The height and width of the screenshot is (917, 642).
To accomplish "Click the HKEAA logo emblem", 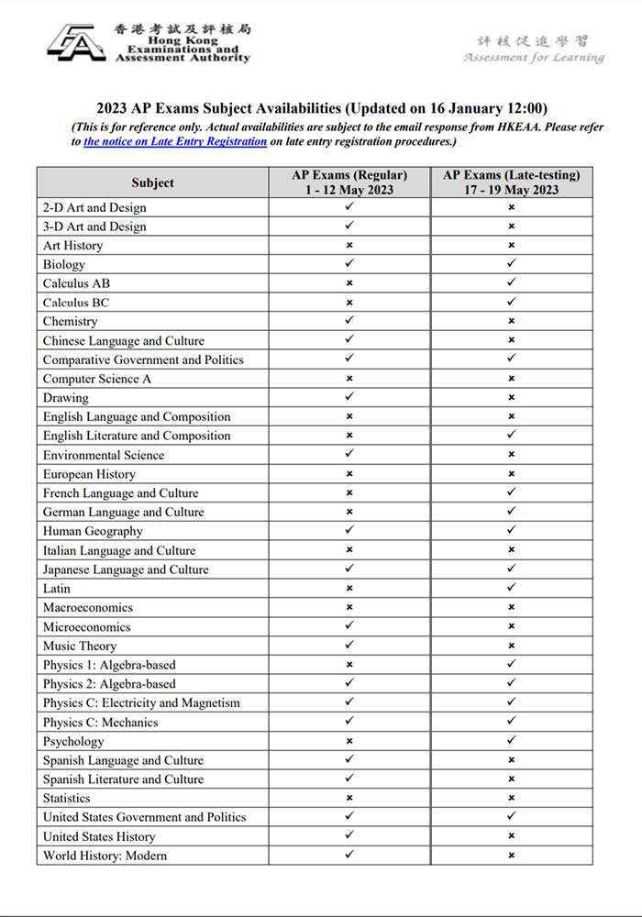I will tap(77, 43).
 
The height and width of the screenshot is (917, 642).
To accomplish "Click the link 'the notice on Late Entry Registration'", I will tap(175, 142).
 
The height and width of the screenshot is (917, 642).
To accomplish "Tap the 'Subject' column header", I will tap(152, 182).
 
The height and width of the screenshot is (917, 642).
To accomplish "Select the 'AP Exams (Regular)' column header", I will tap(349, 182).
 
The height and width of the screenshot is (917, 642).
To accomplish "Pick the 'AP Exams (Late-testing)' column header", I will tap(511, 182).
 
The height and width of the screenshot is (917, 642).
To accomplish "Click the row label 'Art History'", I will tap(73, 246).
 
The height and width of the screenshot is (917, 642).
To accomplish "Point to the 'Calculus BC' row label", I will tap(76, 303).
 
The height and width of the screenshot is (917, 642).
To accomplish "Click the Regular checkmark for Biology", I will tap(349, 264).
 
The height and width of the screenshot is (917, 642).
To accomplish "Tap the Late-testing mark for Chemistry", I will tap(511, 322).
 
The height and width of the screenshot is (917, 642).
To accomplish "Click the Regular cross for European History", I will tap(349, 474).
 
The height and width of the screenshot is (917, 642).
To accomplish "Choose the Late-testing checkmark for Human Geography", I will tap(511, 531).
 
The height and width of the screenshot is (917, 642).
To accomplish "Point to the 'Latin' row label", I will tap(57, 589).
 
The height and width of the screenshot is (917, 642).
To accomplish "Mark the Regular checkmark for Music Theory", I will tap(349, 646).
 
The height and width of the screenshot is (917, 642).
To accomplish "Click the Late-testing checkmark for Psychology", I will tap(511, 741).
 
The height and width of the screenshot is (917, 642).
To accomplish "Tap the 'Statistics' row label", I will tap(67, 799).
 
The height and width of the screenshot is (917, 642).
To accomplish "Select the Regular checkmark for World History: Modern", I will tap(349, 856).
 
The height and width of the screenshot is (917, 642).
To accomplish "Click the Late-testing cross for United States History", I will tap(511, 836).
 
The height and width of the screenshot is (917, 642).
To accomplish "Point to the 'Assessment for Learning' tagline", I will tap(534, 58).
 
